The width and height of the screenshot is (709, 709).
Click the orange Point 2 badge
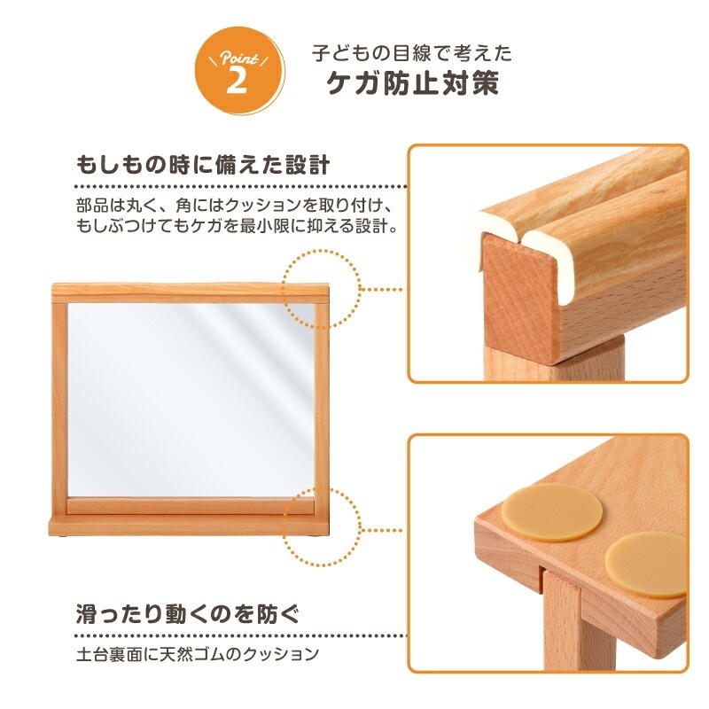(x=240, y=71)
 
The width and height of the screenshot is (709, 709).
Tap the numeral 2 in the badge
(x=237, y=81)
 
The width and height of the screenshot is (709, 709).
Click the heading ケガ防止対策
(x=413, y=83)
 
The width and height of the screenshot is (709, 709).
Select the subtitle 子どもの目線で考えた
(x=412, y=53)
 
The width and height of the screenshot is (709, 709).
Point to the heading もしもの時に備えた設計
(x=203, y=165)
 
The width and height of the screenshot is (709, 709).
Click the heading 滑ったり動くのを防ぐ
(x=188, y=613)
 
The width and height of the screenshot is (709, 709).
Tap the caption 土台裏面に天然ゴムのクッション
(x=198, y=654)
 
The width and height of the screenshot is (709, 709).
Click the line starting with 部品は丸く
(x=234, y=206)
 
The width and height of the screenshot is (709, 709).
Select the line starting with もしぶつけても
(x=237, y=226)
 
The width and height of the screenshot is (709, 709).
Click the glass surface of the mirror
(x=191, y=401)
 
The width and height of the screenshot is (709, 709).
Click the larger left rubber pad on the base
(x=551, y=512)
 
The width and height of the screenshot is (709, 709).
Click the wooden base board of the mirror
(x=189, y=525)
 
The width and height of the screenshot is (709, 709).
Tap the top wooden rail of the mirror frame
(x=191, y=293)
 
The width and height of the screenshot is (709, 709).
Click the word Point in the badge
(x=239, y=57)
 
